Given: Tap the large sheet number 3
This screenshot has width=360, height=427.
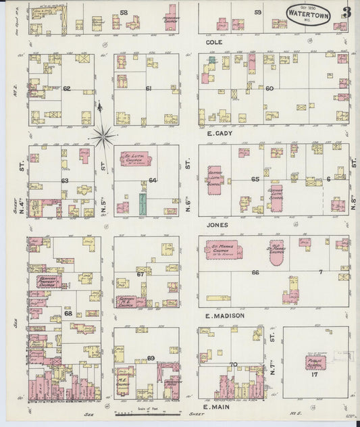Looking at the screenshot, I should click(346, 13).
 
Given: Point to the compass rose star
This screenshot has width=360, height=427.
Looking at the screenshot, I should click(103, 138).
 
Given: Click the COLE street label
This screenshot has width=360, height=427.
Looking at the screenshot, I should click(214, 42).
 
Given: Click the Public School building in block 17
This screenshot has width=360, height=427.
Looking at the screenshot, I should click(315, 363).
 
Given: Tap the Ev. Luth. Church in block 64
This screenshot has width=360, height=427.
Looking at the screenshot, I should click(135, 159).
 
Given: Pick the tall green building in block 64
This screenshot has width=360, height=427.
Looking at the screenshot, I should click(143, 203).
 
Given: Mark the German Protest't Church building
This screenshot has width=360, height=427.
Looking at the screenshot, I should click(49, 282).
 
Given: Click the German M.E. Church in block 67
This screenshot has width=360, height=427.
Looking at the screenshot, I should click(130, 301).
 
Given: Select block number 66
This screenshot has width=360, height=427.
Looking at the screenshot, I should click(255, 272).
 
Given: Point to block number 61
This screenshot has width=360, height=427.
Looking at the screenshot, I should click(148, 89).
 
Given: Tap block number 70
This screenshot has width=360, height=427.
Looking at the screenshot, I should click(234, 365).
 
